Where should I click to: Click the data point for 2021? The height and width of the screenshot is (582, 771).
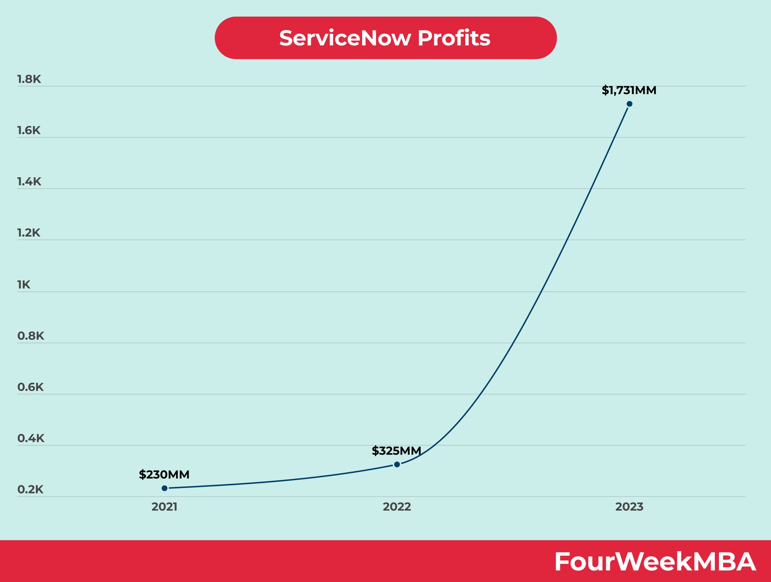tap(164, 488)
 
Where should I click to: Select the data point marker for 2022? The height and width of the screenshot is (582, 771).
tap(397, 464)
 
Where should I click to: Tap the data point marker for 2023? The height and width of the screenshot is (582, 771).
tap(629, 104)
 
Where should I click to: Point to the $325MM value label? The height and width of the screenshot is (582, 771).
tap(396, 451)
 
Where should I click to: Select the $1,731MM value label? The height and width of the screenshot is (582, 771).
tap(629, 90)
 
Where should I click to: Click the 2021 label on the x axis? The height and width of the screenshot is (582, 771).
tap(164, 507)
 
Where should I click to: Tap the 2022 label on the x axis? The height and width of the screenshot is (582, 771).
tap(397, 507)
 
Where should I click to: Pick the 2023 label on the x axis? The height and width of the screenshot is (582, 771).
tap(629, 507)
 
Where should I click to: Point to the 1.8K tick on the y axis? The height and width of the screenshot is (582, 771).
tap(29, 79)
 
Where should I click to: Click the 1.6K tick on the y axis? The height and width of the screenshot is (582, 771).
tap(29, 131)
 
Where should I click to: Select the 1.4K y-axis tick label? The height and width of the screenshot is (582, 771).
tap(29, 182)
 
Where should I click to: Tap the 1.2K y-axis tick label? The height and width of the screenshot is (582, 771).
tap(29, 233)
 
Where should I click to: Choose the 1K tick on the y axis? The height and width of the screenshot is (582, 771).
tap(24, 285)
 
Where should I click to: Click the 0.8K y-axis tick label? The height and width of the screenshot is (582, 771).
tap(31, 336)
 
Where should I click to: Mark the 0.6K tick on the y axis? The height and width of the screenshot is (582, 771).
tap(31, 387)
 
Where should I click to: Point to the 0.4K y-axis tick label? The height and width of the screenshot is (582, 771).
tap(31, 438)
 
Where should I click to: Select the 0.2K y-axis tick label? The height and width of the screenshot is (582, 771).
tap(31, 489)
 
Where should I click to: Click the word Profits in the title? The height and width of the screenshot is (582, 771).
tap(454, 38)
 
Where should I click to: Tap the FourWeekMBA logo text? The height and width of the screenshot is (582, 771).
tap(655, 562)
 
